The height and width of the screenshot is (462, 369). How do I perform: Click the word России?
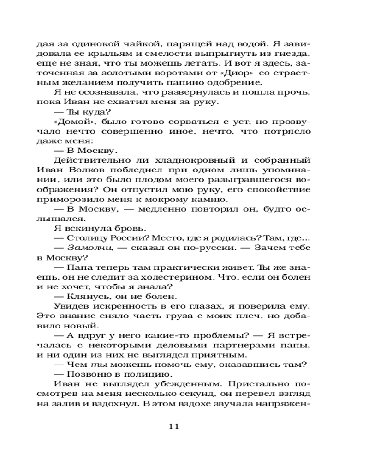(134, 238)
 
